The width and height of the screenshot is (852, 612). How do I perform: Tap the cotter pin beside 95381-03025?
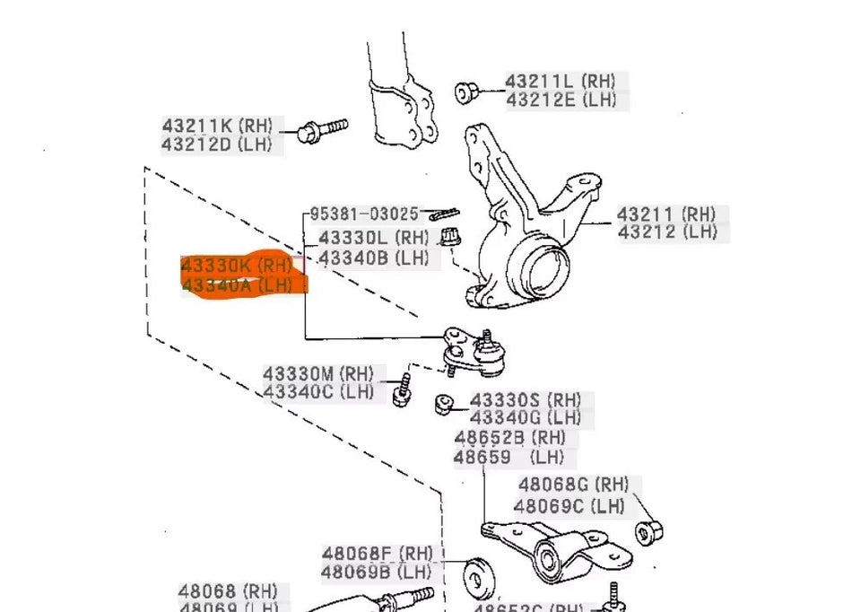443,214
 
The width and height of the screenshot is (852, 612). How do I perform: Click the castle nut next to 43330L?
450,240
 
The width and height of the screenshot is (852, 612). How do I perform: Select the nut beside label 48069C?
648,531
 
